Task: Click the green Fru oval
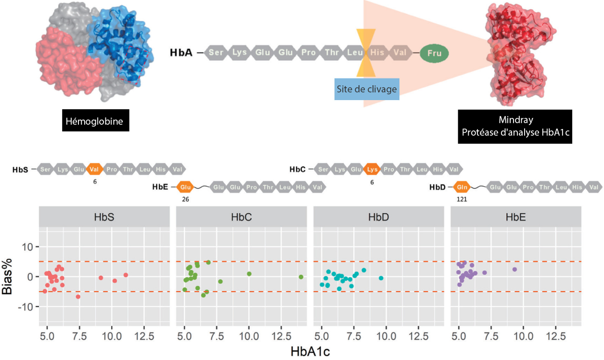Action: click(435, 52)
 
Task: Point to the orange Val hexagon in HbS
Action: click(95, 169)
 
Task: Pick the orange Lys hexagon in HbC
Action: click(372, 169)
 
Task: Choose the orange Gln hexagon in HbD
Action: click(462, 187)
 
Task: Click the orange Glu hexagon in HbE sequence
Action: click(185, 187)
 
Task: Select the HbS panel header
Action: click(104, 217)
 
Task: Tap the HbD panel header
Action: click(379, 217)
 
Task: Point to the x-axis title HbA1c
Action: click(310, 351)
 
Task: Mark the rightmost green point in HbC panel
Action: click(301, 277)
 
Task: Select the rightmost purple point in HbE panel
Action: click(514, 270)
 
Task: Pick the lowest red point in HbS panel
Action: click(78, 296)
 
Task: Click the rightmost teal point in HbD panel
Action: click(381, 278)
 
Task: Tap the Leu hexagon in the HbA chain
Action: click(355, 52)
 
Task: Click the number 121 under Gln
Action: click(462, 198)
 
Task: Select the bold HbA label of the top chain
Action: click(181, 52)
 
